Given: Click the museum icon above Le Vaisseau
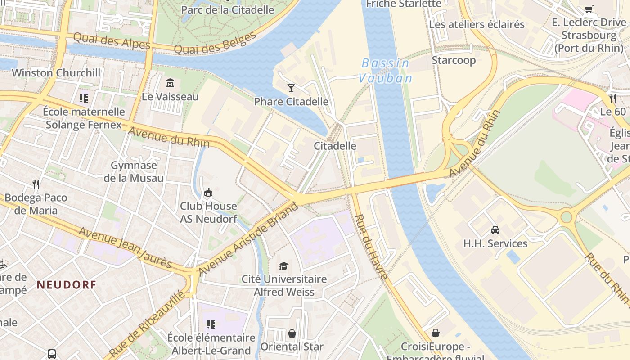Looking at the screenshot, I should (170, 83).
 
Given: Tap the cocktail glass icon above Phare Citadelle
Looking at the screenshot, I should (291, 88).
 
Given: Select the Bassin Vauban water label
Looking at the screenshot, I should (385, 71).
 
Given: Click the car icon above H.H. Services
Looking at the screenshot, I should (495, 230).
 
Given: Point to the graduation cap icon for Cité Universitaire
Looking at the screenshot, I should (283, 266).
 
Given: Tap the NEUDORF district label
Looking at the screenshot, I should (67, 284).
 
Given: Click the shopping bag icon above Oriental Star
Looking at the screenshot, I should (292, 333).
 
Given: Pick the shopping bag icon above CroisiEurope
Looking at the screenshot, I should (435, 333).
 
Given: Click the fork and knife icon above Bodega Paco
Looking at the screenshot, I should (36, 184).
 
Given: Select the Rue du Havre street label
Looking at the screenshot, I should (371, 247).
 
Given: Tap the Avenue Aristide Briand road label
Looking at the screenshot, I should (248, 239).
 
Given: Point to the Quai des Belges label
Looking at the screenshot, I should (215, 43).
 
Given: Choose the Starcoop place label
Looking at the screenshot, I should (454, 60).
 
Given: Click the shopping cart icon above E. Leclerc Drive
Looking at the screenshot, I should (589, 9).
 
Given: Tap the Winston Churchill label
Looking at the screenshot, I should (56, 73).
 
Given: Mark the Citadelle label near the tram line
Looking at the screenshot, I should (335, 146).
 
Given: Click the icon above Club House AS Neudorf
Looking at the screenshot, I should (208, 193).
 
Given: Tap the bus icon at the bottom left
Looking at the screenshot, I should (52, 354).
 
